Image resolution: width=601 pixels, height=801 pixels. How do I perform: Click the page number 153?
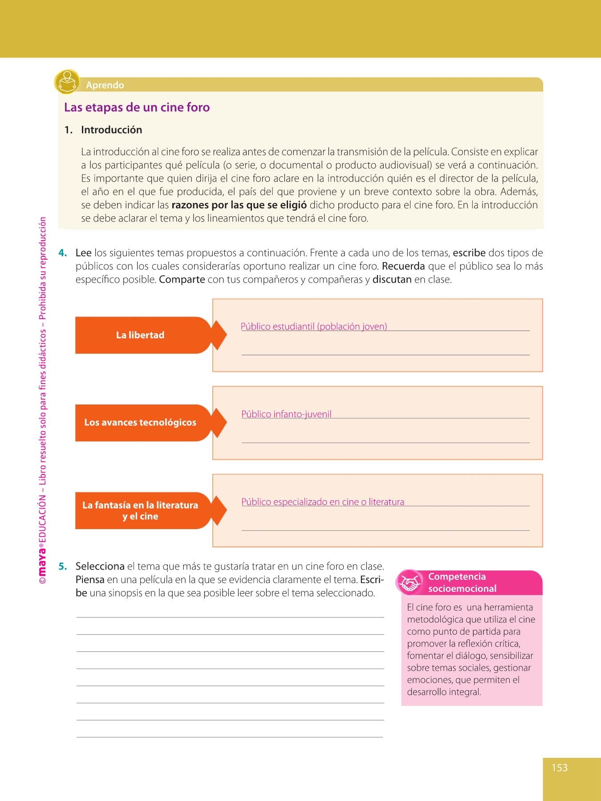560,768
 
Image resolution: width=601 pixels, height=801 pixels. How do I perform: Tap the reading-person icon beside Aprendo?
67,82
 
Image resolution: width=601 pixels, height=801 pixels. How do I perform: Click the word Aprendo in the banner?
105,85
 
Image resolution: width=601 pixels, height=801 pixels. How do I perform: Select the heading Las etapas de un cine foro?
137,107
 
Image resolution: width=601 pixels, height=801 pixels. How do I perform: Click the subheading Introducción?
111,130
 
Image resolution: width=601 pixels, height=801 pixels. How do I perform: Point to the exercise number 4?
63,253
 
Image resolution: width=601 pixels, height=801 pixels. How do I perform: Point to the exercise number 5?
63,566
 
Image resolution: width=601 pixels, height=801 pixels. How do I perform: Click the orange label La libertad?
140,335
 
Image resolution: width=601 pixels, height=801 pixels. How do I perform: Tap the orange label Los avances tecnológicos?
140,422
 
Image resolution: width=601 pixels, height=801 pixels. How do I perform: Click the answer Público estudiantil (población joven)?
314,327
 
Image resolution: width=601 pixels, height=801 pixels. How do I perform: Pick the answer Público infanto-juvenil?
286,414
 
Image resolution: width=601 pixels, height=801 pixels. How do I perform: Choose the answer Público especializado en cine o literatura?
323,502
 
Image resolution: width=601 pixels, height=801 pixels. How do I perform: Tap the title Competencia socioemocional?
462,583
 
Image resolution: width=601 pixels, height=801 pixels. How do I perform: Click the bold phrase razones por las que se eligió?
239,205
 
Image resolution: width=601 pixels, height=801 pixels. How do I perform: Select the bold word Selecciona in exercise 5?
100,566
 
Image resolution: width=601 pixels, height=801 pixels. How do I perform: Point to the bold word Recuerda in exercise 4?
403,267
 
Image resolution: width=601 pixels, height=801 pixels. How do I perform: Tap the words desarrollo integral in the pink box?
444,692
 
